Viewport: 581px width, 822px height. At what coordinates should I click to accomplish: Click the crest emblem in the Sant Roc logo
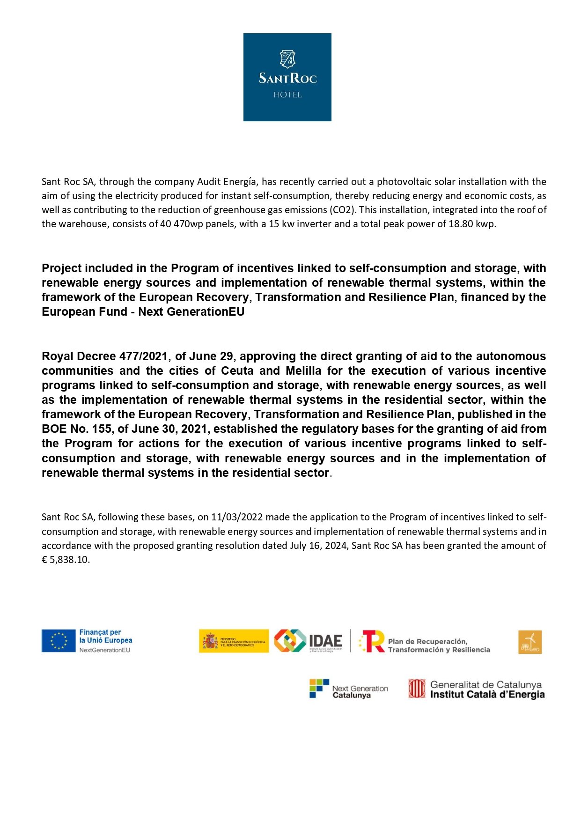pos(287,59)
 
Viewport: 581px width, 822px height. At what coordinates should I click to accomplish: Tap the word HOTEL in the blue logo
pos(287,95)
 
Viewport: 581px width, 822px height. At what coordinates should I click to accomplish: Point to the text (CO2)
pos(345,210)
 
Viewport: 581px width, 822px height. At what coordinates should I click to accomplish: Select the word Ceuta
pos(237,371)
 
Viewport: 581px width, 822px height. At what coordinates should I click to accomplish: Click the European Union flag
pos(59,641)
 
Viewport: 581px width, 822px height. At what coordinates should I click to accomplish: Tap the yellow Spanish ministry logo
pos(234,641)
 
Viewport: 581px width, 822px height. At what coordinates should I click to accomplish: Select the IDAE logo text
pos(325,641)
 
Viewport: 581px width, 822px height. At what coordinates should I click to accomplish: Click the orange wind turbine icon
pos(530,642)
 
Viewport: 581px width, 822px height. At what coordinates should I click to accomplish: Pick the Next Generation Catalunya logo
pos(349,689)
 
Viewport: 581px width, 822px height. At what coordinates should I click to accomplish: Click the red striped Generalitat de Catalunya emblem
pos(417,689)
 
